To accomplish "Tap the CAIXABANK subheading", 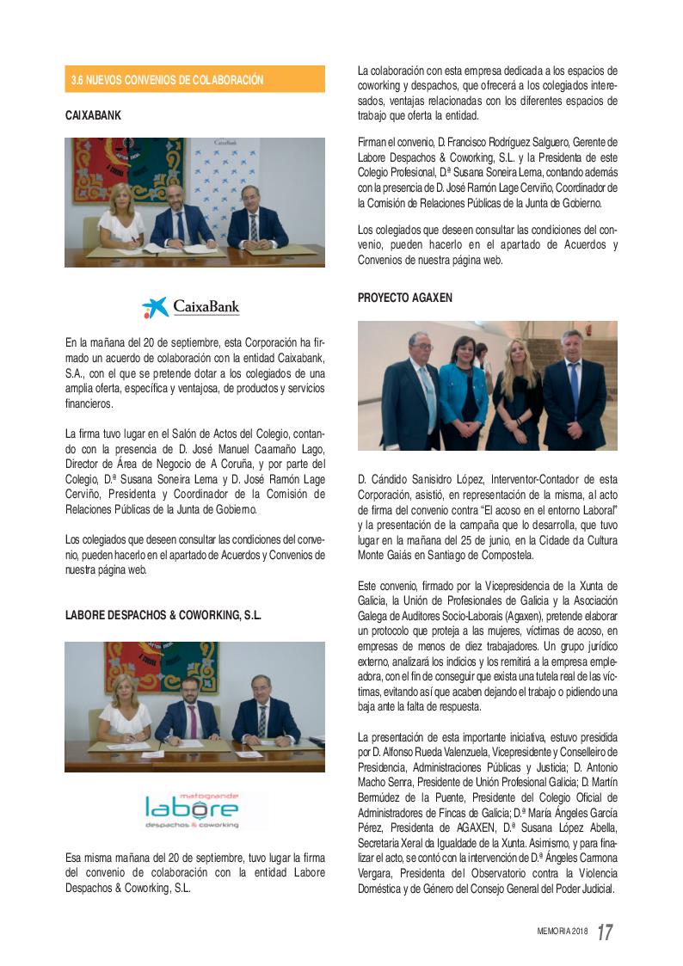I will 92,114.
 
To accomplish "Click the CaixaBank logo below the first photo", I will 191,307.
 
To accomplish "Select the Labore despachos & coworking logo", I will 191,809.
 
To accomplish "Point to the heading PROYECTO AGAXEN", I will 404,298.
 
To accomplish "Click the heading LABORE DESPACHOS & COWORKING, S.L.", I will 163,616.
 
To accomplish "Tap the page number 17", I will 605,932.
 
